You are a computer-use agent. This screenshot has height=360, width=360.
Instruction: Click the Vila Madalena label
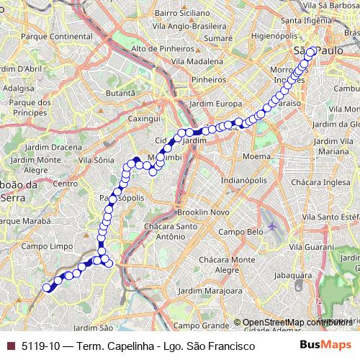(x=192, y=61)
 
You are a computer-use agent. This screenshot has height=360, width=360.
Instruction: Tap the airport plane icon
(x=271, y=228)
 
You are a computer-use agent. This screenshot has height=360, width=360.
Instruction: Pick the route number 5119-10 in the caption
(x=40, y=346)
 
